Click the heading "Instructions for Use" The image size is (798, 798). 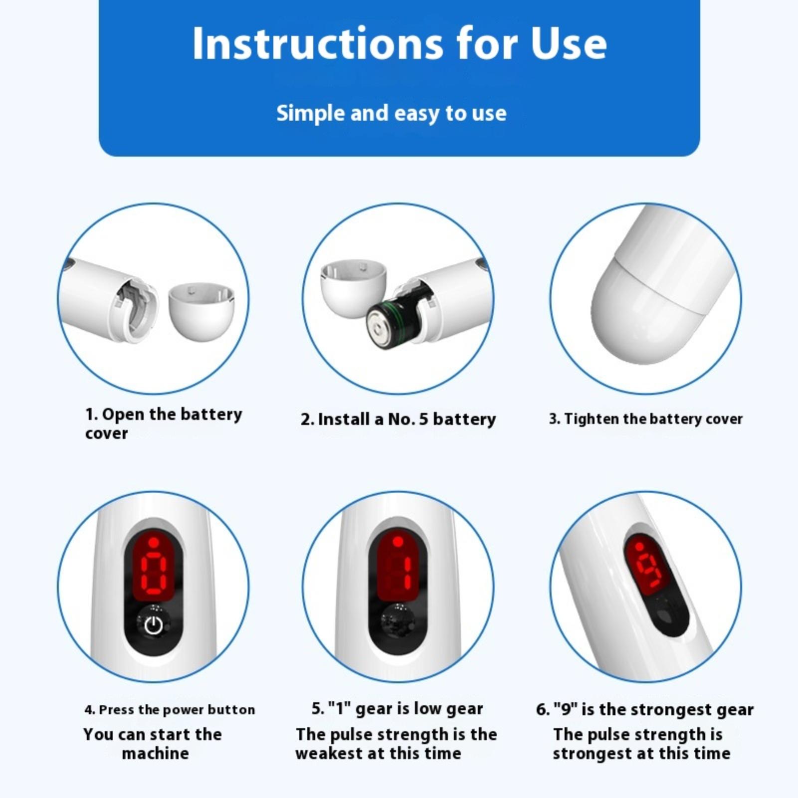point(399,43)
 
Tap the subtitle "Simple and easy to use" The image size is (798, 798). point(392,113)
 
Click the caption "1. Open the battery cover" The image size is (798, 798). point(164,423)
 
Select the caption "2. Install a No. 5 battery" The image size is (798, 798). point(398,419)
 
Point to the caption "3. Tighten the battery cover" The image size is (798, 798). point(646,419)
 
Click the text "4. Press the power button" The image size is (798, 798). point(170,709)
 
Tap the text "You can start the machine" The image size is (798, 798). point(153,744)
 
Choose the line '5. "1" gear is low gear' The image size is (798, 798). point(398,709)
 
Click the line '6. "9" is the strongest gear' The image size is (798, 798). point(645,709)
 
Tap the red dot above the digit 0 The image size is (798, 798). point(154,542)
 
